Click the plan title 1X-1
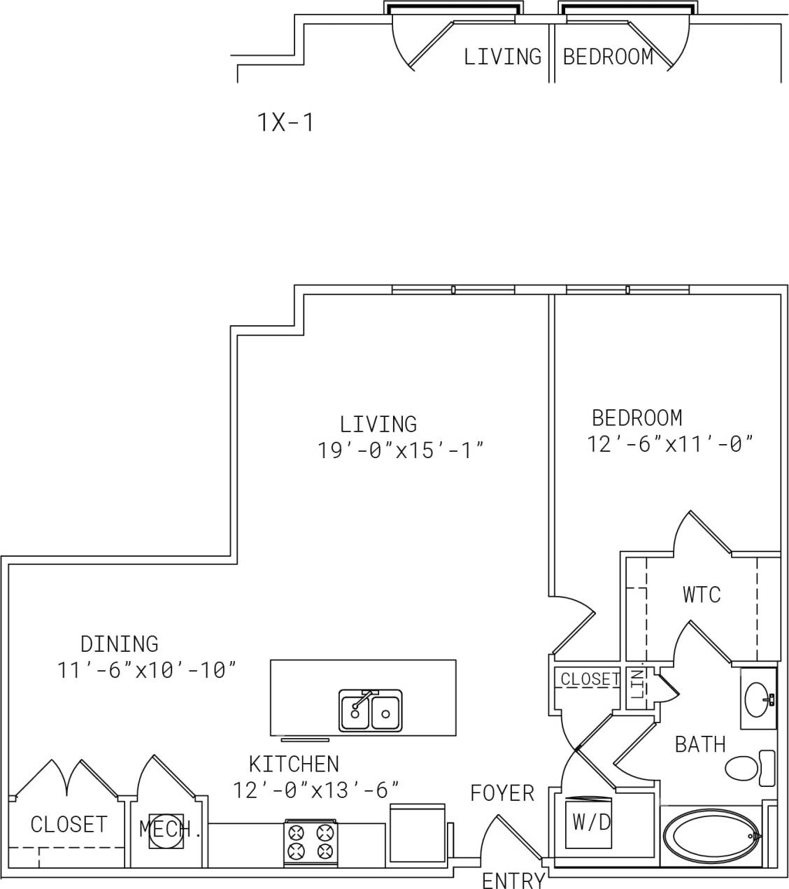[286, 123]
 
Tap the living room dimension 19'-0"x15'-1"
[401, 450]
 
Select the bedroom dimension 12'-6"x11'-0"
[669, 444]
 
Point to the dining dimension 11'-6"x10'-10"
[146, 670]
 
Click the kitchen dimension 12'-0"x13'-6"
[315, 790]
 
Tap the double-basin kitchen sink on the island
[370, 711]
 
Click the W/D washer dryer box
[591, 823]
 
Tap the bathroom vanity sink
[758, 698]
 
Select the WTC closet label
[701, 595]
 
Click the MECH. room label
[170, 830]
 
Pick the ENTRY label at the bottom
[513, 880]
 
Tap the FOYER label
[502, 793]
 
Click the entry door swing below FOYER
[511, 839]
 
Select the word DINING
[119, 643]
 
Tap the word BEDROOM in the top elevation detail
[607, 57]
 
